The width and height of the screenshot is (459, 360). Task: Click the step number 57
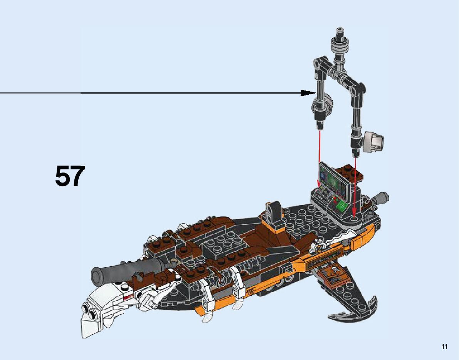[70, 176]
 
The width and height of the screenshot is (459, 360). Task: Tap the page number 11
[445, 347]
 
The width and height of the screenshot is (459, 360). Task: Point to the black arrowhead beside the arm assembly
[308, 93]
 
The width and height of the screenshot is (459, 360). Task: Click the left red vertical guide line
[319, 154]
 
